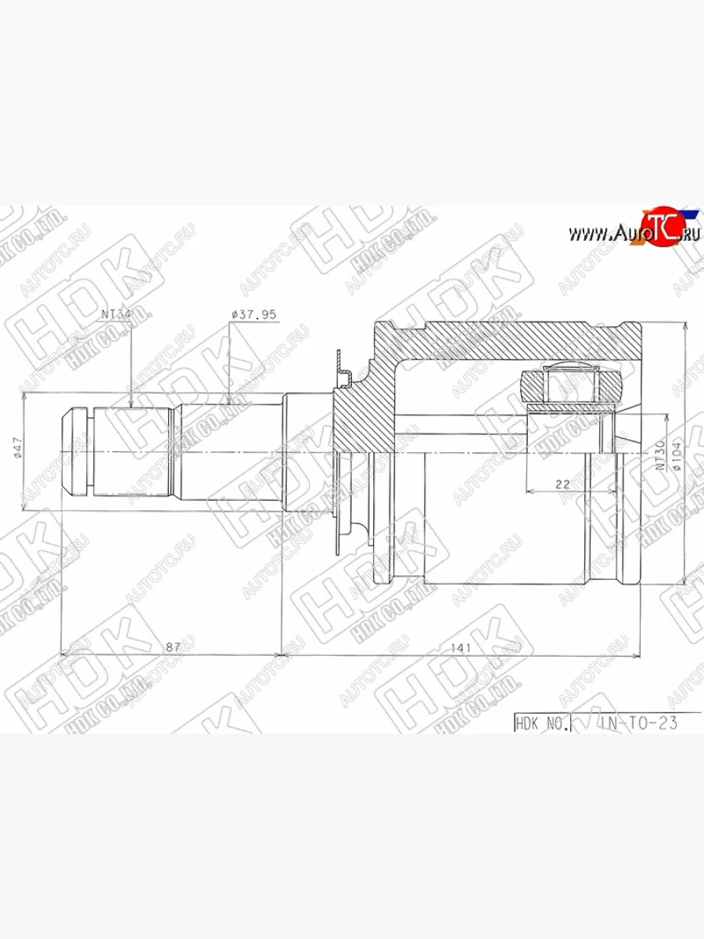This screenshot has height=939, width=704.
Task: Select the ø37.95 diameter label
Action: coord(253,315)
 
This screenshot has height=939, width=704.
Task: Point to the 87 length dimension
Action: coord(173,647)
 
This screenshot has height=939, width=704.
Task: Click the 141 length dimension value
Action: coord(459,647)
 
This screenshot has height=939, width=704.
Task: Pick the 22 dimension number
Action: coord(562,484)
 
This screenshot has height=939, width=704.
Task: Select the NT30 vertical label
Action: coord(661,454)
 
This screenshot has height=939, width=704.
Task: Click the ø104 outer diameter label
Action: coord(677,454)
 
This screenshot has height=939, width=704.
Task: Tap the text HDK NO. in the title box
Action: coord(541,723)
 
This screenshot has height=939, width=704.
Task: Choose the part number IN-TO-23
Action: coord(638,723)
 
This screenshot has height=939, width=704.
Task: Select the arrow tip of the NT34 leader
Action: coord(131,407)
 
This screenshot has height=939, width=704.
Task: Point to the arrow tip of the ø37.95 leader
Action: coord(228,403)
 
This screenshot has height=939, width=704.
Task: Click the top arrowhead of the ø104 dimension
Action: coord(685,324)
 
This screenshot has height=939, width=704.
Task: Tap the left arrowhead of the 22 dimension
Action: coord(530,491)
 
